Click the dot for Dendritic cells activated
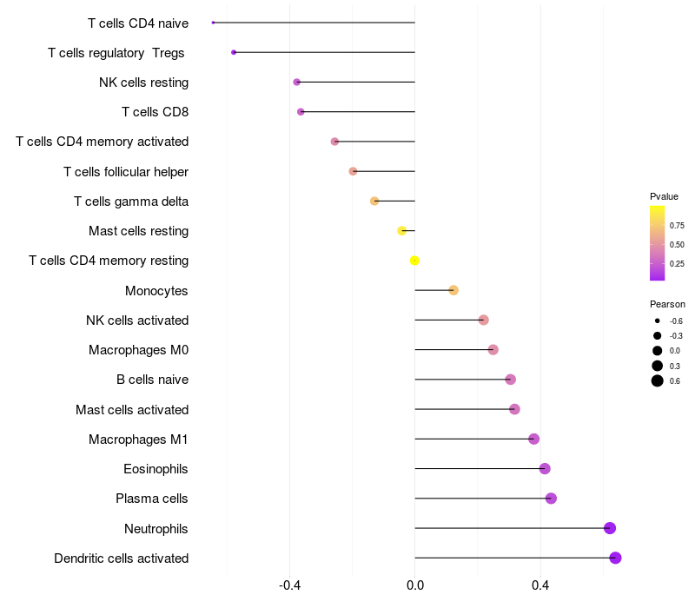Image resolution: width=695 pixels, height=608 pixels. pyautogui.click(x=615, y=558)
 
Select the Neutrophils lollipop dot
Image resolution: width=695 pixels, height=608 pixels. pyautogui.click(x=610, y=528)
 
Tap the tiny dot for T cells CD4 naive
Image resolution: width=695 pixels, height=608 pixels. pyautogui.click(x=213, y=23)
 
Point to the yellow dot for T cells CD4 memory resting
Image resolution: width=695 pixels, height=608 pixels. pyautogui.click(x=414, y=261)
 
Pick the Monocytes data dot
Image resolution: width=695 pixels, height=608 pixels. pyautogui.click(x=453, y=290)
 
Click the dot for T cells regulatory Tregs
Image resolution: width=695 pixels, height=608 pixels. pyautogui.click(x=234, y=52)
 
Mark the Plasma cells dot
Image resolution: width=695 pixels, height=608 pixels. pyautogui.click(x=551, y=499)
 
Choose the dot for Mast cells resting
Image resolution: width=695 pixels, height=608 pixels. pyautogui.click(x=401, y=231)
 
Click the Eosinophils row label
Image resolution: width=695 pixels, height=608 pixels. pyautogui.click(x=156, y=469)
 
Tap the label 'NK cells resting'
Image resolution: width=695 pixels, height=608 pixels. pyautogui.click(x=143, y=83)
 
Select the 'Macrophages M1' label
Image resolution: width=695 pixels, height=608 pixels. pyautogui.click(x=138, y=439)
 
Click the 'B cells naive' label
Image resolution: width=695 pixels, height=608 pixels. pyautogui.click(x=152, y=380)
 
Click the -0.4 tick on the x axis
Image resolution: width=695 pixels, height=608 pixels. pyautogui.click(x=290, y=585)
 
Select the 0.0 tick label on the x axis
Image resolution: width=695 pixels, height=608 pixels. pyautogui.click(x=415, y=585)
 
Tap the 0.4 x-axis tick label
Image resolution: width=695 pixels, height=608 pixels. pyautogui.click(x=540, y=585)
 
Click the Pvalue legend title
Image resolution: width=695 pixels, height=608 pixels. pyautogui.click(x=664, y=196)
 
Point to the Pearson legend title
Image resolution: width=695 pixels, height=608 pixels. pyautogui.click(x=667, y=304)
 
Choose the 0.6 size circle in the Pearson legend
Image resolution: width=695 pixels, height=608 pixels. pyautogui.click(x=658, y=380)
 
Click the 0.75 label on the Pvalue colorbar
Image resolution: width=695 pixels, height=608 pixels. pyautogui.click(x=677, y=225)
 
